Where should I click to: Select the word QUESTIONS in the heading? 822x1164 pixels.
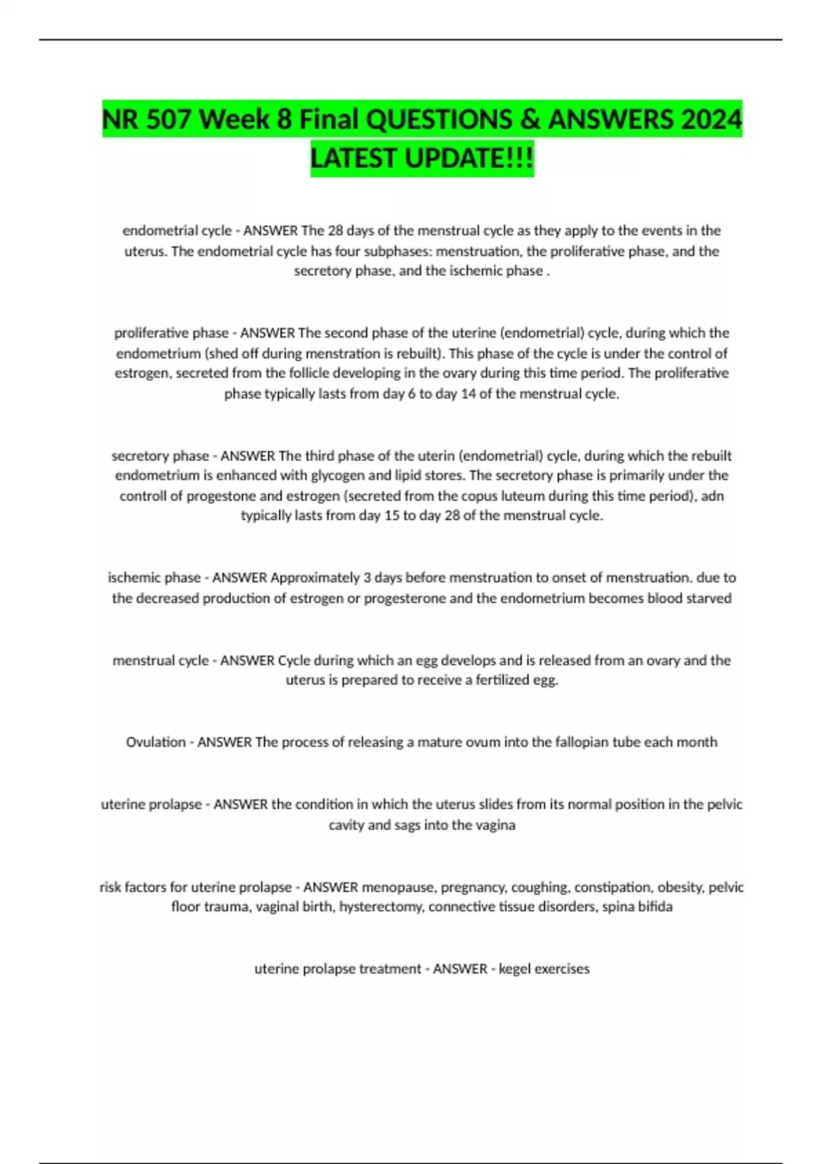438,121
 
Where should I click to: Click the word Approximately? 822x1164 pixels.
315,578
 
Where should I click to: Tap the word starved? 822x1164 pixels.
708,598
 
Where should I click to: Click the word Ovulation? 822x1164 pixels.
155,742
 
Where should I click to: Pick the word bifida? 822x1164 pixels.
656,907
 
